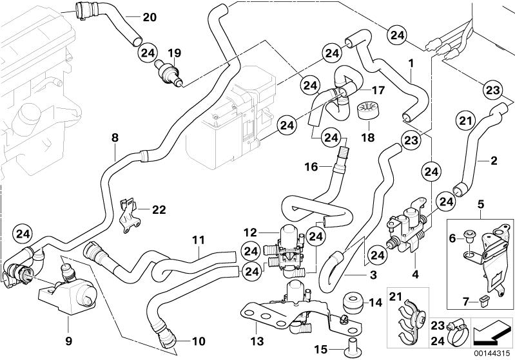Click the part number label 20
pos(149,17)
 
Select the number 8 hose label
pos(115,137)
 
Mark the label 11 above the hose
pos(198,241)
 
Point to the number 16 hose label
pos(310,166)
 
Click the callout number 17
pos(360,91)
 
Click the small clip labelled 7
pos(484,297)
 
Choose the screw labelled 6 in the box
pos(469,240)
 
